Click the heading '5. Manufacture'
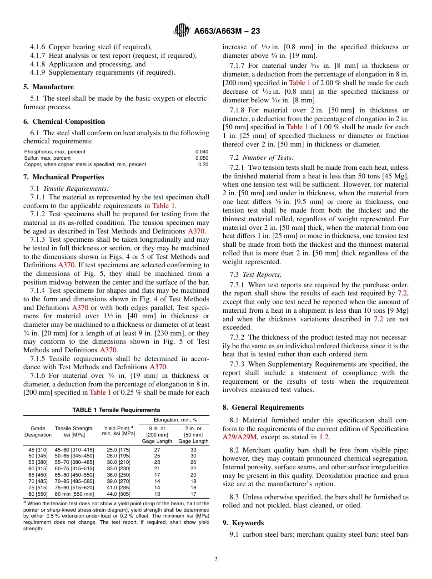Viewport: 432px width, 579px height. coord(49,87)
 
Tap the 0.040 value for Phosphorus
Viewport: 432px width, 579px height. coord(202,152)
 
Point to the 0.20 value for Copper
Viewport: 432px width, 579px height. coord(203,164)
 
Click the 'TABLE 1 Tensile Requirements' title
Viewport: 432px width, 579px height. coord(116,410)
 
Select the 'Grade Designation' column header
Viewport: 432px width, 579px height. coord(38,432)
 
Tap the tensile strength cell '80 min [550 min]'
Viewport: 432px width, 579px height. coord(75,494)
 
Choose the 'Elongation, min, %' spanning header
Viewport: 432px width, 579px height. coord(175,420)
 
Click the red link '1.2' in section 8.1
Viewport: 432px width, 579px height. coord(324,437)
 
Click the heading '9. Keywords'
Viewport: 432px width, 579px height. coord(243,523)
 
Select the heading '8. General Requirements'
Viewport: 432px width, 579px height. coord(263,407)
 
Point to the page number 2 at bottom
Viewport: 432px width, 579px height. coord(216,559)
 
